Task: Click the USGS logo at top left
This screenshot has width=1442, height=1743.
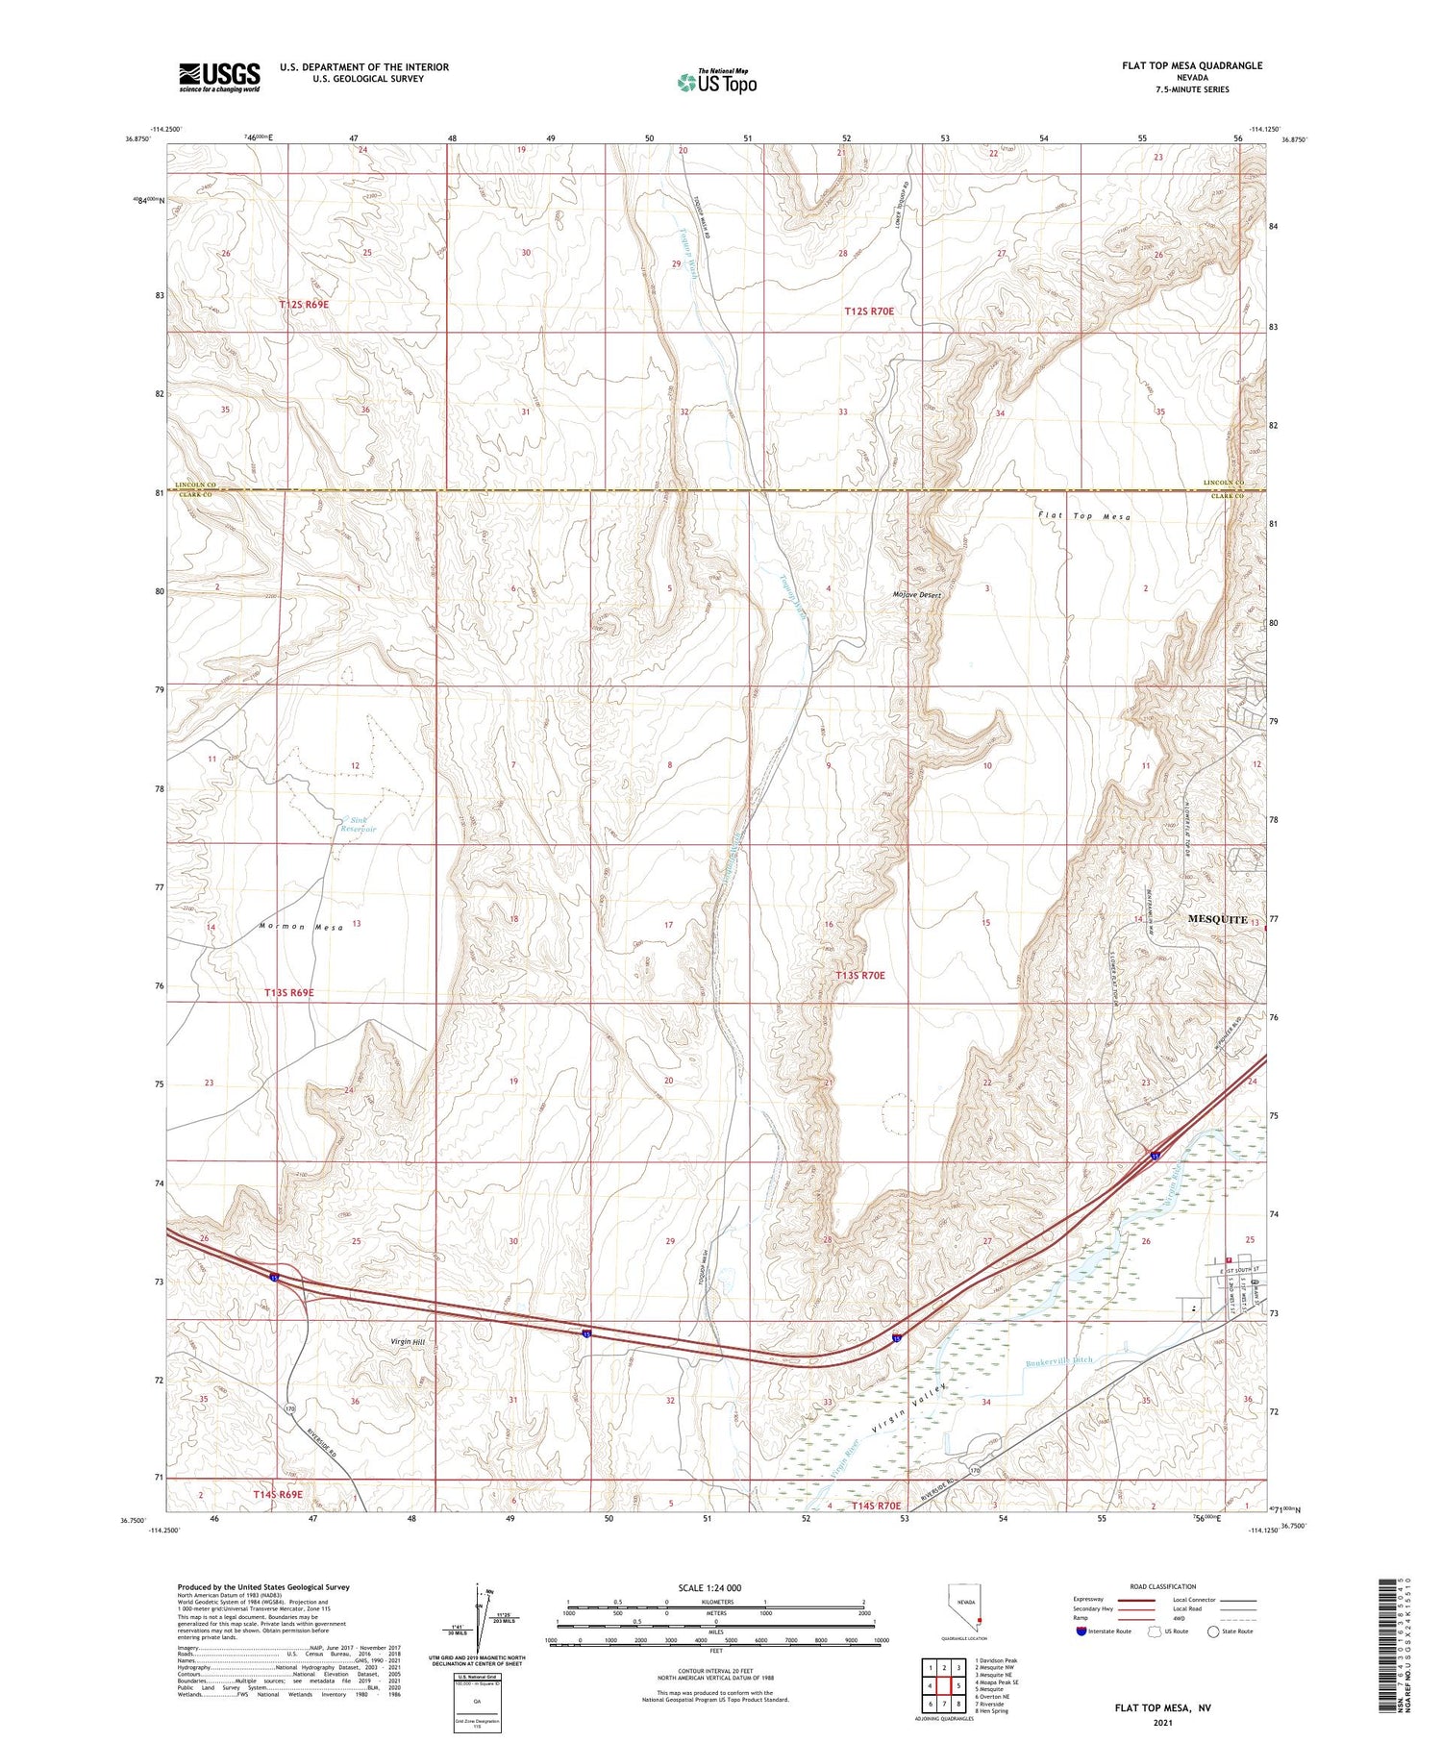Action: (x=219, y=77)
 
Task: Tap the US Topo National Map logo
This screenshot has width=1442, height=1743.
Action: (x=716, y=82)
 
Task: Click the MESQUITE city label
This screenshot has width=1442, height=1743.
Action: (x=1217, y=919)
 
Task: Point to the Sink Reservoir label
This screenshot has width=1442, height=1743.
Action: (x=358, y=824)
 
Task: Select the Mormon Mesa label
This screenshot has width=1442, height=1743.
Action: (x=301, y=927)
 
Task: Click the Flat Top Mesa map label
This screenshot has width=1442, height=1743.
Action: (x=1084, y=516)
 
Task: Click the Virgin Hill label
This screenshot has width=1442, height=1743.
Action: (x=407, y=1341)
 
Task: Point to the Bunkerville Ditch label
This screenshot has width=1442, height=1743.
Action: (x=1059, y=1361)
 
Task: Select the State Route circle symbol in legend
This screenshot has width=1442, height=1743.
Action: (x=1213, y=1631)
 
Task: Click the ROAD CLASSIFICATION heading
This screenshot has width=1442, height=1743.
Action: (x=1163, y=1586)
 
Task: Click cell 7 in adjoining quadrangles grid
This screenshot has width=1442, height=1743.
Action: (x=946, y=1704)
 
